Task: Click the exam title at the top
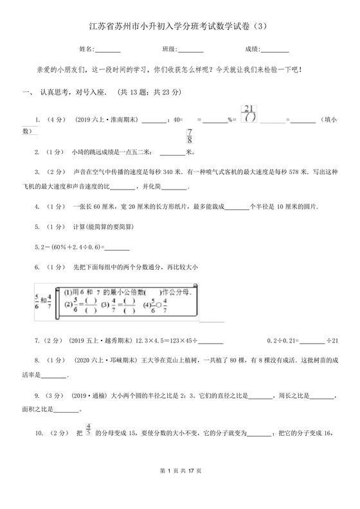tap(179, 26)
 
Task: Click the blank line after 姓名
tap(108, 49)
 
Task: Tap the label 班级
tap(169, 49)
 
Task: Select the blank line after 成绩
tap(276, 49)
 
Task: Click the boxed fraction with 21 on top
tap(249, 112)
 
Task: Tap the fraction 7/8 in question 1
tap(190, 136)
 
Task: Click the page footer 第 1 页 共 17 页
tap(179, 489)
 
